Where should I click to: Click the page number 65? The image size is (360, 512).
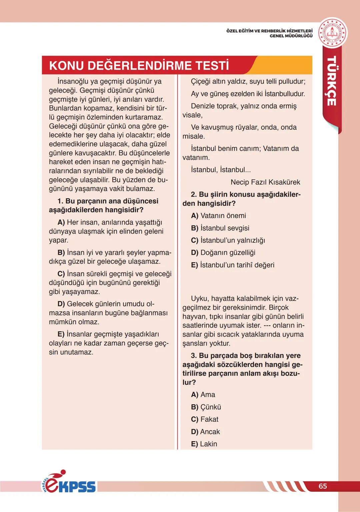coord(323,486)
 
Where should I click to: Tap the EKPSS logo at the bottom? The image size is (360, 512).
coord(70,483)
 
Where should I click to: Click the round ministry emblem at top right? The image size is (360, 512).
coord(333,33)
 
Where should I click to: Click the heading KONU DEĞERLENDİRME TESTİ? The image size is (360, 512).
coord(139,65)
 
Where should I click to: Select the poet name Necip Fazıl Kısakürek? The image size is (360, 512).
coord(265,182)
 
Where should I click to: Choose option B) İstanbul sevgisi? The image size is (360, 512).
coord(220,228)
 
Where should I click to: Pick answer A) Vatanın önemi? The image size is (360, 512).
coord(218,216)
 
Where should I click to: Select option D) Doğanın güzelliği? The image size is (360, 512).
coord(223,252)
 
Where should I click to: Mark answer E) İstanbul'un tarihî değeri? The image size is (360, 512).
coord(233,265)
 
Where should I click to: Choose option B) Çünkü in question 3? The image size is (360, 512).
coord(206,407)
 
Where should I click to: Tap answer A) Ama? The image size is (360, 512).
coord(203,395)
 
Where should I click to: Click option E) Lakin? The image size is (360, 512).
coord(204,444)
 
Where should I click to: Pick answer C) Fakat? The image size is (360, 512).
coord(205,419)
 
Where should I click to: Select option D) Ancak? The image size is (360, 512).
coord(205,432)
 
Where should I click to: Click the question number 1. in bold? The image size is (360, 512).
coord(60,201)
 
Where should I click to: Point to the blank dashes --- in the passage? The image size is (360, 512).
coord(267,326)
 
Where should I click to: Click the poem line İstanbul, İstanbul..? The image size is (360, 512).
coord(221,170)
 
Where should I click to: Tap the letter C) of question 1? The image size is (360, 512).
coord(61,274)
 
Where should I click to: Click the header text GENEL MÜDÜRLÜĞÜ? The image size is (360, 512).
coord(291,36)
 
